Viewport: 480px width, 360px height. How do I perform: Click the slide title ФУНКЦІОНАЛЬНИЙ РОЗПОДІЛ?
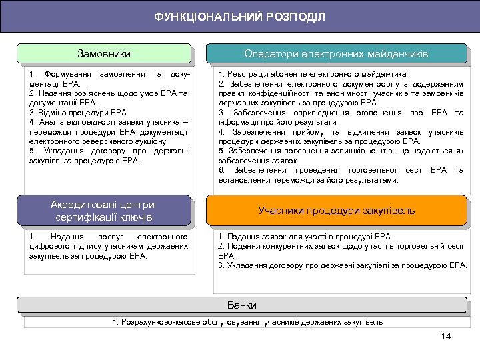tap(240, 16)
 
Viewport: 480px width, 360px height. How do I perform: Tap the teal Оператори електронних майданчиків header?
tap(336, 53)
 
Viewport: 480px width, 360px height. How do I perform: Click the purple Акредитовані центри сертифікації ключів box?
tap(103, 211)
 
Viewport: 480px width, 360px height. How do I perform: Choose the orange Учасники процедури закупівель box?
tap(336, 211)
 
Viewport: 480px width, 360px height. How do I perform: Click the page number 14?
tap(446, 335)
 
